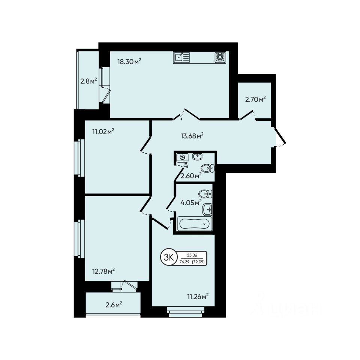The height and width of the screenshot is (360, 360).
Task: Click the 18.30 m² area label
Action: tap(129, 62)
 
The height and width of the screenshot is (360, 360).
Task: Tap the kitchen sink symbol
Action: tap(182, 57)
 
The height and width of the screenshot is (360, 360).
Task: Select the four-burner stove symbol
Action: tap(220, 57)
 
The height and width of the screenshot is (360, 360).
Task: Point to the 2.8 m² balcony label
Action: tap(88, 81)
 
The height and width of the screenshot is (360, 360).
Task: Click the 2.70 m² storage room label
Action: tap(255, 99)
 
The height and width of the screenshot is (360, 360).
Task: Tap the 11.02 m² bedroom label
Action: tap(103, 132)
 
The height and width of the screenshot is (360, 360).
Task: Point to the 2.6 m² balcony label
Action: tap(114, 305)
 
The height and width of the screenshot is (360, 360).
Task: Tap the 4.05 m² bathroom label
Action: tap(191, 202)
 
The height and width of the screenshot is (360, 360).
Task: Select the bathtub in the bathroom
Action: tap(194, 225)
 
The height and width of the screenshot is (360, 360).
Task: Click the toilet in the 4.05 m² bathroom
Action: tap(205, 194)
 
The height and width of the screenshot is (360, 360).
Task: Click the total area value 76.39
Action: tap(184, 262)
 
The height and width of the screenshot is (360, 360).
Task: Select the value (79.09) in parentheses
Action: tap(199, 262)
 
